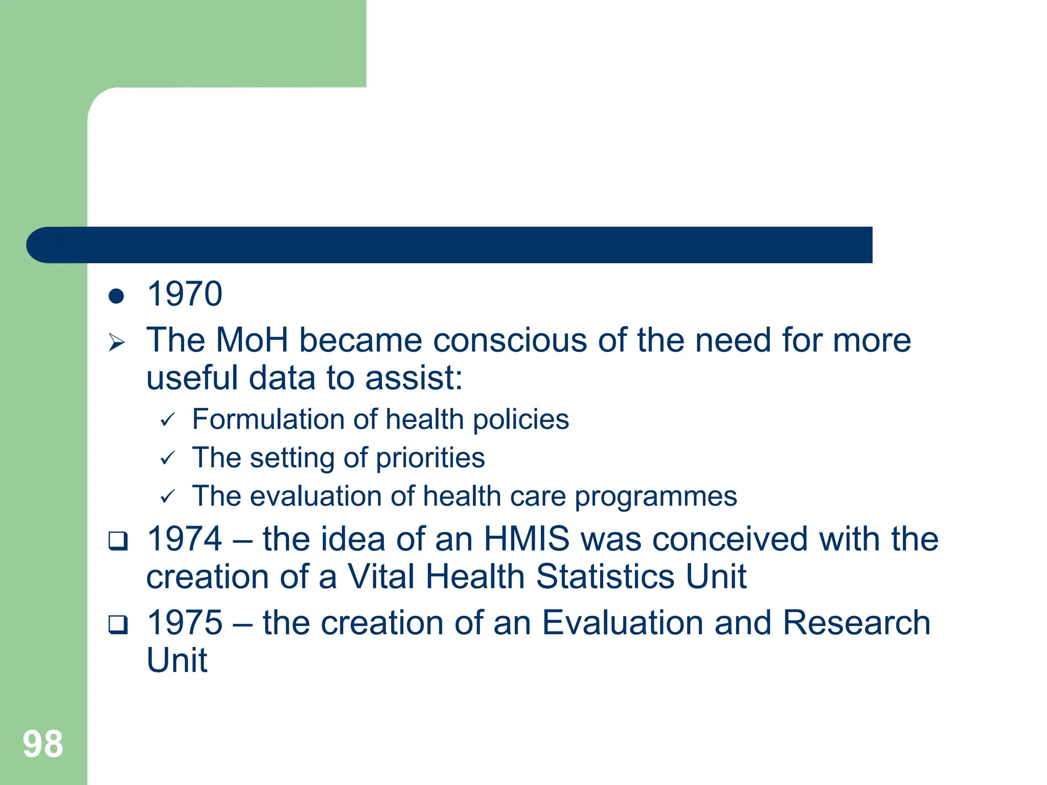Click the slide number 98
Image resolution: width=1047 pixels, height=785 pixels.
pos(43,744)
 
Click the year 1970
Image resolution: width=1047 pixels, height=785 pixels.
pos(185,294)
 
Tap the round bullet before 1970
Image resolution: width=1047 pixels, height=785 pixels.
pos(117,296)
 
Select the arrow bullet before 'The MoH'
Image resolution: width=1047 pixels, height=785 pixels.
pos(117,342)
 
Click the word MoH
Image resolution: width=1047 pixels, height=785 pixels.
pos(252,340)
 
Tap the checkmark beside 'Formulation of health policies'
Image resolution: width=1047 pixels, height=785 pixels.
pos(168,421)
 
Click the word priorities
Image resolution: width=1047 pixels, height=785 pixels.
pos(430,458)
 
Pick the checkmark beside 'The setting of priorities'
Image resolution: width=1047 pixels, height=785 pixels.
pos(168,458)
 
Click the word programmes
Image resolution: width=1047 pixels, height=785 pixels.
pos(655,497)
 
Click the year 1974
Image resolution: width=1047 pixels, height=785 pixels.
pos(185,539)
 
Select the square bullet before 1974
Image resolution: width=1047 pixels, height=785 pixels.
pos(118,541)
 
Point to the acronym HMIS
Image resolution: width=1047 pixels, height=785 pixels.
pos(527,539)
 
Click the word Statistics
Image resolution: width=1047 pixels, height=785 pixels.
pos(605,577)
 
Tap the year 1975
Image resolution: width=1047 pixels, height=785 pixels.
pos(185,623)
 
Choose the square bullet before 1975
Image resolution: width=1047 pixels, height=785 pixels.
pos(118,625)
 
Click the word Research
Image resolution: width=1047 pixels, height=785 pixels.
pos(856,623)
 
